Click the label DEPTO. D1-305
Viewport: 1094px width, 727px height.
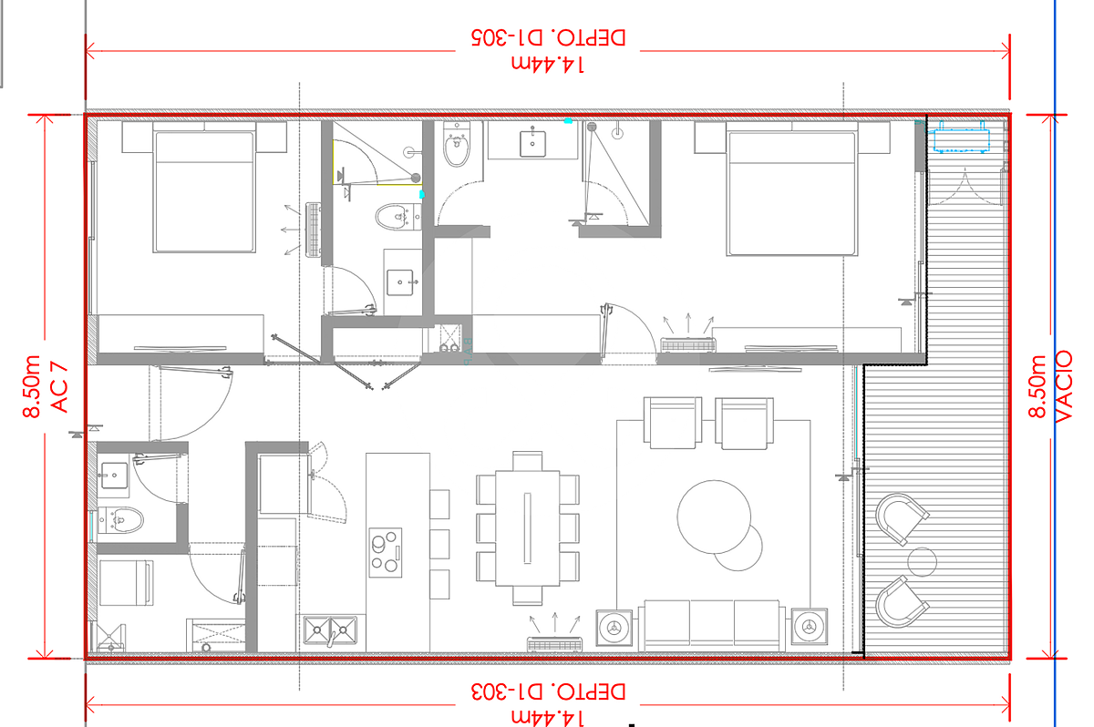tap(548, 37)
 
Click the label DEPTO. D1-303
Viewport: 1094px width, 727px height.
tap(548, 691)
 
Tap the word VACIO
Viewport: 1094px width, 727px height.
tap(1064, 386)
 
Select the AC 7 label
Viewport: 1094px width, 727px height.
tap(59, 387)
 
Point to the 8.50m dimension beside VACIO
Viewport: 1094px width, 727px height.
tap(1037, 386)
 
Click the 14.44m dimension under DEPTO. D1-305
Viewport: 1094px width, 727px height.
tap(548, 65)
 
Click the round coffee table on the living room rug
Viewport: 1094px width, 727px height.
tap(714, 517)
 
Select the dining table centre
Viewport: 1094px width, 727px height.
tap(528, 527)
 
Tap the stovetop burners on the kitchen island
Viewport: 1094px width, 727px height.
tap(386, 552)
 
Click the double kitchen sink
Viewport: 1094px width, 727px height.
tap(330, 630)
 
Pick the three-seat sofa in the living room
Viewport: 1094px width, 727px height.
tap(712, 626)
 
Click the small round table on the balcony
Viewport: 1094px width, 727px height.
tap(922, 562)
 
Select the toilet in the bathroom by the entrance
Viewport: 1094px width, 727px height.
tap(120, 520)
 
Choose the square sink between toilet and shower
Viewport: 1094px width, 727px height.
tap(532, 141)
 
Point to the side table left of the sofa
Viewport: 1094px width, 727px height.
tap(614, 628)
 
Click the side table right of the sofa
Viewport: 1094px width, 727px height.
tap(810, 627)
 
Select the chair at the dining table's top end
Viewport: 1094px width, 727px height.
tap(528, 461)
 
